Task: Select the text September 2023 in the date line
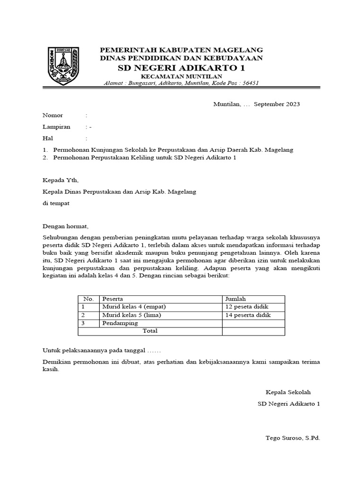coord(277,104)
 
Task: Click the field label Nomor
coord(52,115)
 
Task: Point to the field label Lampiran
coord(56,127)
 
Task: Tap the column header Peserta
coord(113,299)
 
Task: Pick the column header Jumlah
coord(236,299)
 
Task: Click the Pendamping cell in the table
coord(120,323)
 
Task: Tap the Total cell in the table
coord(150,331)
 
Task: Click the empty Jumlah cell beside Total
coord(253,331)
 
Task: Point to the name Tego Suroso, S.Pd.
coord(293,438)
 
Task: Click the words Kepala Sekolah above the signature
coord(288,392)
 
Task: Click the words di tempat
coord(56,203)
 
